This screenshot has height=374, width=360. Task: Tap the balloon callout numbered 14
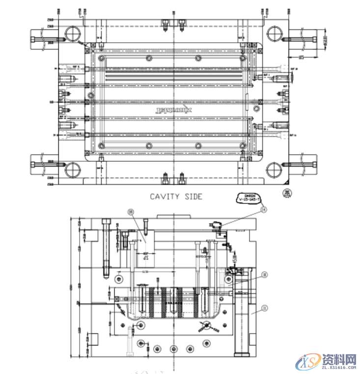[264, 209]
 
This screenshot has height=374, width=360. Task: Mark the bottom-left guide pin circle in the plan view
[72, 170]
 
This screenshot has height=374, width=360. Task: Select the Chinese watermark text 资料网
[338, 359]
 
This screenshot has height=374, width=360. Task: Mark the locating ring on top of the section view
[173, 216]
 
